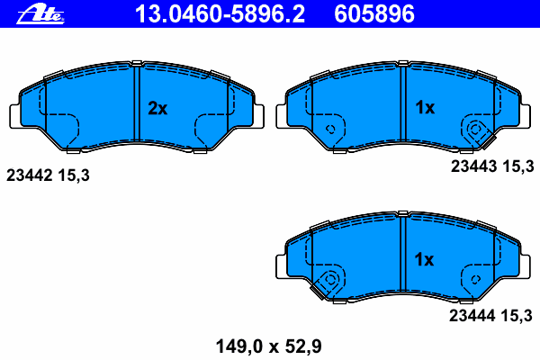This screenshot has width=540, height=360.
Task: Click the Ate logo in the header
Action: (40, 15)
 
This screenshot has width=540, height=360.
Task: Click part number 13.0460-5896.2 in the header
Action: (220, 14)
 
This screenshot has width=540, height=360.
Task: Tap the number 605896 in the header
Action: (374, 14)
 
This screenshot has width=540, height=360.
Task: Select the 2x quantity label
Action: (157, 109)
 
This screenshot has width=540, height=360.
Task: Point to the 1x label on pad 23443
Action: (425, 107)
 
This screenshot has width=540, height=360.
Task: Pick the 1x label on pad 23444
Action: (424, 259)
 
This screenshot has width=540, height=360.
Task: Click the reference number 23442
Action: (30, 175)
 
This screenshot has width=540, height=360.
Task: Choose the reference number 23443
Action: (474, 166)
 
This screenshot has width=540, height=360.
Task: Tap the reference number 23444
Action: (472, 316)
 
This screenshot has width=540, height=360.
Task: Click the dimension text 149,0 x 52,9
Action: (268, 346)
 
